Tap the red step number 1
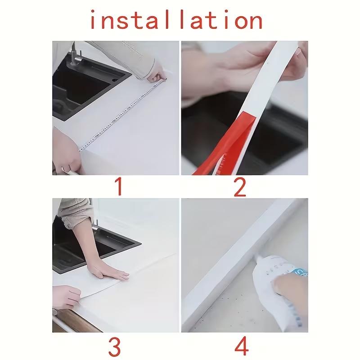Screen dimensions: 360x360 click(x=118, y=186)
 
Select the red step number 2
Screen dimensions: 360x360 click(x=240, y=186)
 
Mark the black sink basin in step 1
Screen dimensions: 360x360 click(x=85, y=90)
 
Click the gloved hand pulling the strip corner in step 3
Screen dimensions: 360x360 click(x=65, y=297)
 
